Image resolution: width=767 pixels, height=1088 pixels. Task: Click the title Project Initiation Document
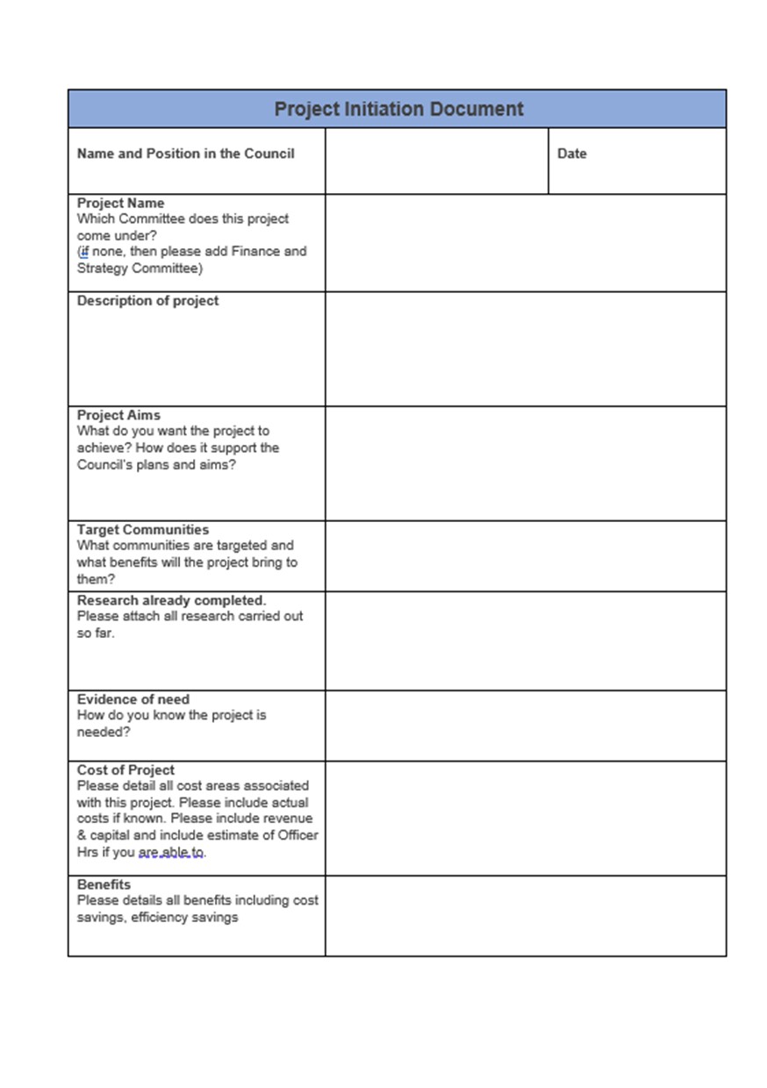tap(398, 110)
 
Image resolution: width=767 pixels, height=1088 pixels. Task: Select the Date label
tap(571, 154)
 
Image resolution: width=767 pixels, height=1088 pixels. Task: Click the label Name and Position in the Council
tap(185, 154)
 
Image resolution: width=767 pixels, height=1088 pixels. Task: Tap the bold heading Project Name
tap(120, 204)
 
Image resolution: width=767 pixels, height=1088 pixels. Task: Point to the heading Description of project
tap(147, 301)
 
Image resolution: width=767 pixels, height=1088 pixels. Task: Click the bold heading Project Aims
tap(118, 415)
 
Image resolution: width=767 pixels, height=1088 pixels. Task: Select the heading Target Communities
tap(143, 530)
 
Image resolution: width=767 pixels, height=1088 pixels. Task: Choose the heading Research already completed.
tap(171, 600)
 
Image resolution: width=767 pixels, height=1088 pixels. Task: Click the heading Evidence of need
tap(133, 699)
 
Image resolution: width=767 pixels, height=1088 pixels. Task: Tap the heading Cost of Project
tap(125, 770)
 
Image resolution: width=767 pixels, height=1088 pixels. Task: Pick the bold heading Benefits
tap(104, 884)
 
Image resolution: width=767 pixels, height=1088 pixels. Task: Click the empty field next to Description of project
tap(525, 348)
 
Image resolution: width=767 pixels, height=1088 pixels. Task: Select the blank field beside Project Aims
tap(525, 463)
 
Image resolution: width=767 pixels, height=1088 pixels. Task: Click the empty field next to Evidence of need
tap(525, 726)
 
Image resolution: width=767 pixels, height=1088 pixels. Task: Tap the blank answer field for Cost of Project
tap(525, 818)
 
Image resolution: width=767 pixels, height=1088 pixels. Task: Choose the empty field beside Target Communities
tap(525, 556)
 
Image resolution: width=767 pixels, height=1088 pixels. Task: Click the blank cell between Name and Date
tap(436, 161)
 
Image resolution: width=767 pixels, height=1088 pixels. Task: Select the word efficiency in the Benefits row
tap(155, 918)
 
